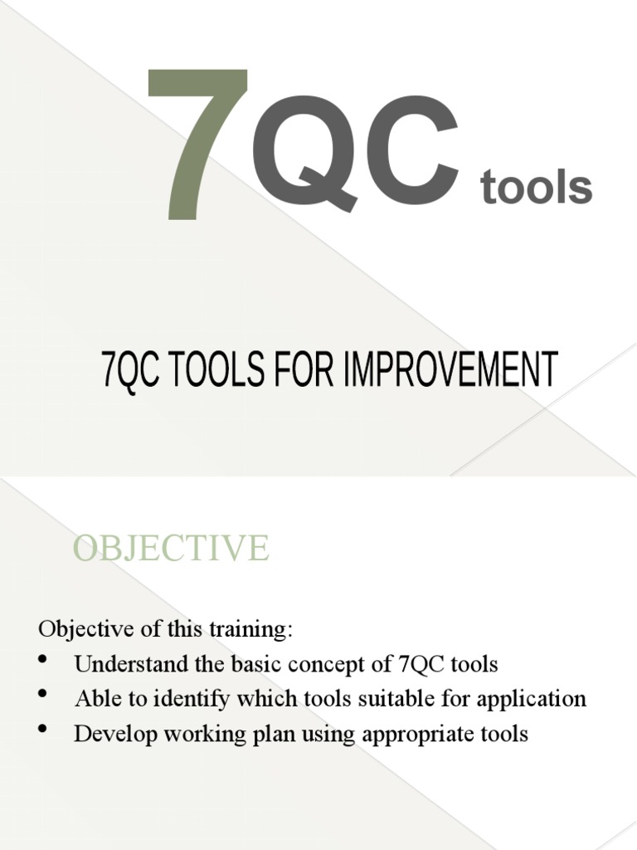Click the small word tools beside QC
coord(537,188)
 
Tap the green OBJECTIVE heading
coord(171,549)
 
